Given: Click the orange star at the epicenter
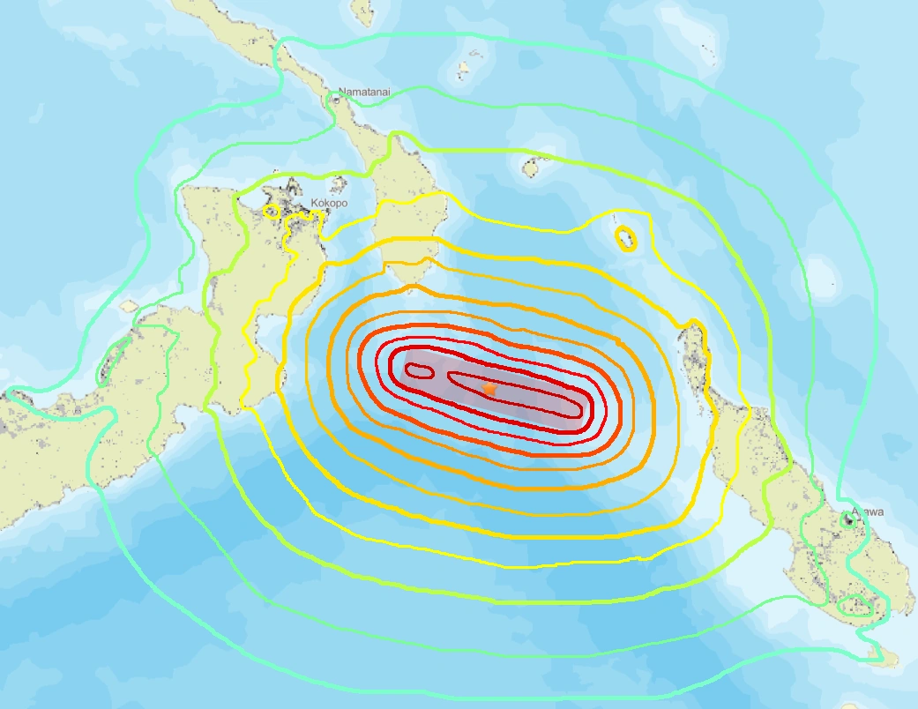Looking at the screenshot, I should click(490, 388).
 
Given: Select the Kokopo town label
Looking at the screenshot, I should click(328, 203).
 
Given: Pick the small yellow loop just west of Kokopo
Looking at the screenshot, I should click(272, 212).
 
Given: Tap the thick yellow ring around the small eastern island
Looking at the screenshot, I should click(625, 238).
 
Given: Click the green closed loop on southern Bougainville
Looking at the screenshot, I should click(854, 606).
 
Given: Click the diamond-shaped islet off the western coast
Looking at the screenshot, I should click(129, 306).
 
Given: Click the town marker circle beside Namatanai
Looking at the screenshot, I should click(336, 101).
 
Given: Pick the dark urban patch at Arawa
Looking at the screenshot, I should click(848, 519).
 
